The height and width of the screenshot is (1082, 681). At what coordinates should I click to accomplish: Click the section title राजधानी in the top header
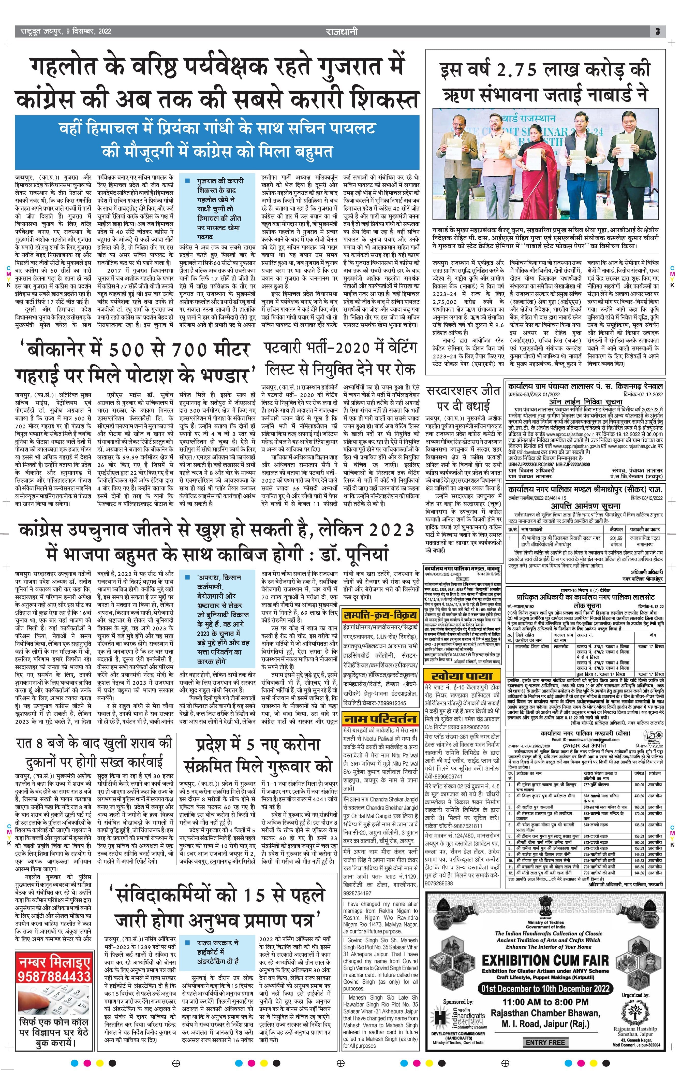342,32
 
